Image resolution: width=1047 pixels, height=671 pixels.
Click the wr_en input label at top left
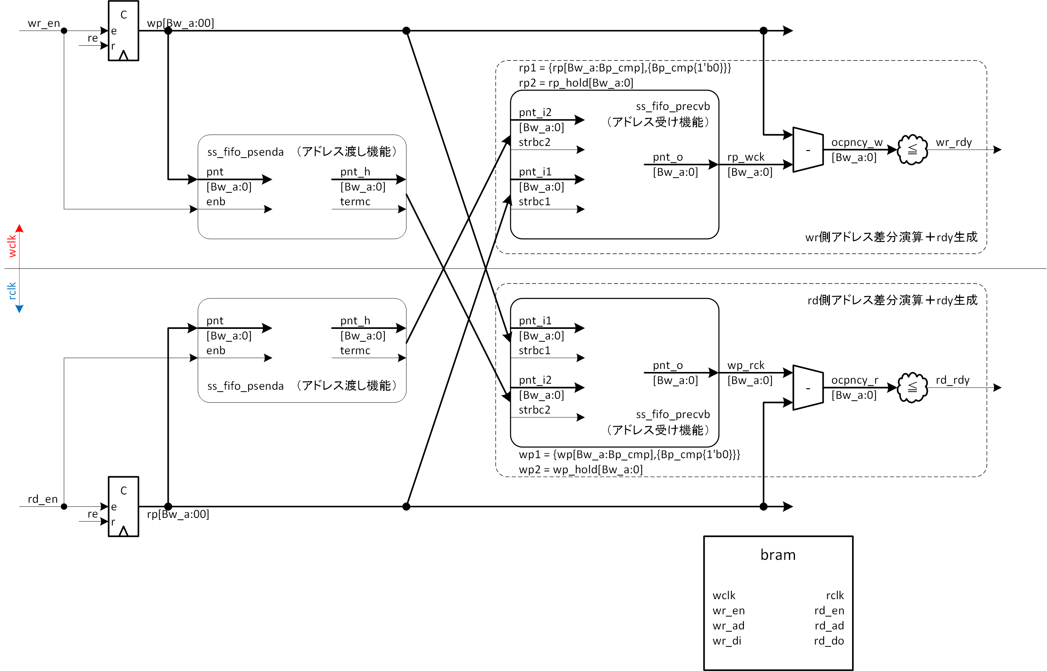[x=44, y=23]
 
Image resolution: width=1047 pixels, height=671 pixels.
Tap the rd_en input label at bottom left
[x=42, y=499]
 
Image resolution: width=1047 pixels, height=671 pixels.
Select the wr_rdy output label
[x=953, y=143]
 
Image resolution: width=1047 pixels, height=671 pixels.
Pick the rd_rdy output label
[x=952, y=380]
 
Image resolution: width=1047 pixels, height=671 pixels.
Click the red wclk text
[x=12, y=246]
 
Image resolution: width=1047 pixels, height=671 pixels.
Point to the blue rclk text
[x=12, y=291]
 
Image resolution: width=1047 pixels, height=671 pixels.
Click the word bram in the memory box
[x=778, y=555]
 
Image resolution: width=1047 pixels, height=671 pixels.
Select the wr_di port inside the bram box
[x=727, y=641]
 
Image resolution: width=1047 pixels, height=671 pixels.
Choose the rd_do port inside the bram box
[x=829, y=641]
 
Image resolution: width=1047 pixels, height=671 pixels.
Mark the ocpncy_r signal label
[x=854, y=380]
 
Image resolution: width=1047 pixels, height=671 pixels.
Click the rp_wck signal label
[x=745, y=157]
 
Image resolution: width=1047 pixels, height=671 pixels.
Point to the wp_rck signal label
[x=745, y=365]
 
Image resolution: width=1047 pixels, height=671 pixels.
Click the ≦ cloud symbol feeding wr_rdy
[x=912, y=149]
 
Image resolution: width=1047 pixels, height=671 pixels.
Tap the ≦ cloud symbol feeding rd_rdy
[x=912, y=387]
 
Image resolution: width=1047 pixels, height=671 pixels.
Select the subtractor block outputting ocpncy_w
[x=807, y=150]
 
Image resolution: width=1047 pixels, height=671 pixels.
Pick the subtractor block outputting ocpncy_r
[x=807, y=388]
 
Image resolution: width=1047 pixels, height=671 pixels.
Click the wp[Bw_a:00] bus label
[x=180, y=23]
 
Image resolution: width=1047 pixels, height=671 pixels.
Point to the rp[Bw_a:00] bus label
[x=178, y=514]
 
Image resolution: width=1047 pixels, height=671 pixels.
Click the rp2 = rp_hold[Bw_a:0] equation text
[x=576, y=83]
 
